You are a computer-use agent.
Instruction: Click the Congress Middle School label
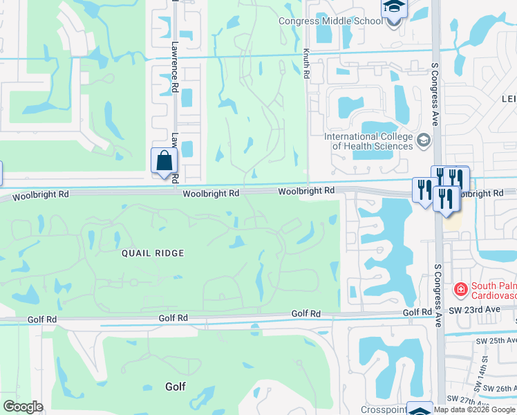[330, 21]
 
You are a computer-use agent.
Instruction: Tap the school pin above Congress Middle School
[394, 8]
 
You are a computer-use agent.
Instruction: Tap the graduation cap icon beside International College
[423, 141]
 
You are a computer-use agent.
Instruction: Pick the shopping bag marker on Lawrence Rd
[164, 161]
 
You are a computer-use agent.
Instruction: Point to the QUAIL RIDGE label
[153, 253]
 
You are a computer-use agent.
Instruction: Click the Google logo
[23, 406]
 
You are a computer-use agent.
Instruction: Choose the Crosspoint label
[383, 409]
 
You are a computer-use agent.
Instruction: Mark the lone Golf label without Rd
[176, 387]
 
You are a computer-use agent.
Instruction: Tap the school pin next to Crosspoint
[419, 409]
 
